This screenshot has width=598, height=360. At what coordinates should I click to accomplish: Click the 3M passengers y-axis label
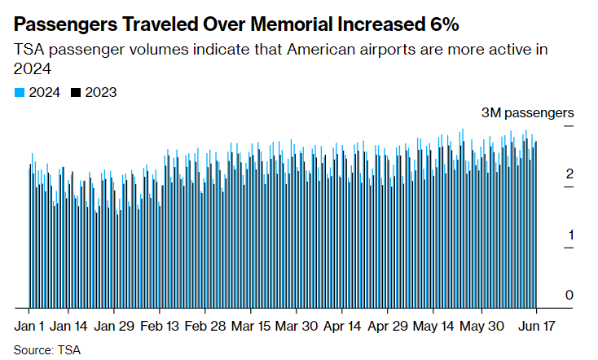528,112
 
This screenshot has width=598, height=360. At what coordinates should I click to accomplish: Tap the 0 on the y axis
570,294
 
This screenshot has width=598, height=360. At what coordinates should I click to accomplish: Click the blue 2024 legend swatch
20,93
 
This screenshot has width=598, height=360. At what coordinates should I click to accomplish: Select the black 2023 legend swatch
76,93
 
